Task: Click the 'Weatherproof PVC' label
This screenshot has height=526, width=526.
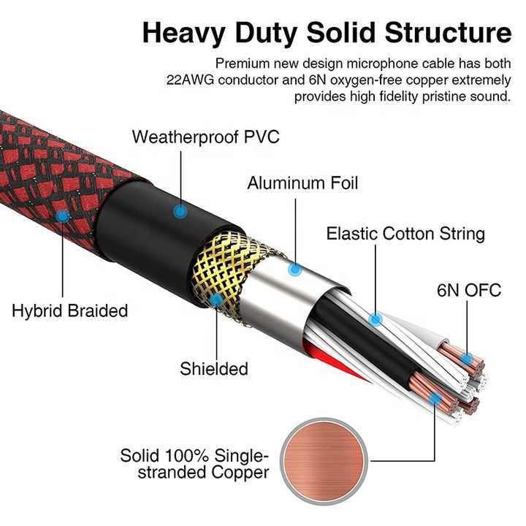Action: click(x=205, y=137)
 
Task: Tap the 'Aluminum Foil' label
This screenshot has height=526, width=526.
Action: click(x=302, y=183)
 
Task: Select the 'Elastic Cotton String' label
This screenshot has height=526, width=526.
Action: click(x=405, y=234)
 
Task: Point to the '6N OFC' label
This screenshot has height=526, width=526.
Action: click(x=469, y=290)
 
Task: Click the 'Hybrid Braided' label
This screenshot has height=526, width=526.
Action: click(x=70, y=310)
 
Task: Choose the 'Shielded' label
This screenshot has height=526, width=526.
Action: click(x=214, y=369)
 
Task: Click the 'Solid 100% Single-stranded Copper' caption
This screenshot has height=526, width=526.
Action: click(x=195, y=464)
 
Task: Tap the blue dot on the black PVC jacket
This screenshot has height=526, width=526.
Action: click(x=180, y=212)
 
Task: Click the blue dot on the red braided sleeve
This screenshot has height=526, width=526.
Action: click(x=62, y=217)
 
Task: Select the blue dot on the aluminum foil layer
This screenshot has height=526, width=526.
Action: click(x=295, y=269)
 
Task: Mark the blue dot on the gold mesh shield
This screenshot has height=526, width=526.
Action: click(x=217, y=300)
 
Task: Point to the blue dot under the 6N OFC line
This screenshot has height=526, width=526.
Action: click(x=466, y=360)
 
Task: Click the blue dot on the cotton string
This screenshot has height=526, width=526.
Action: click(x=376, y=319)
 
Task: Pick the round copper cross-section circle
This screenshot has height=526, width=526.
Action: click(x=324, y=461)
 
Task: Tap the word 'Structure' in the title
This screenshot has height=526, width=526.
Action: click(x=448, y=33)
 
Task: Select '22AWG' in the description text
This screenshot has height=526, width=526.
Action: click(x=190, y=80)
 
